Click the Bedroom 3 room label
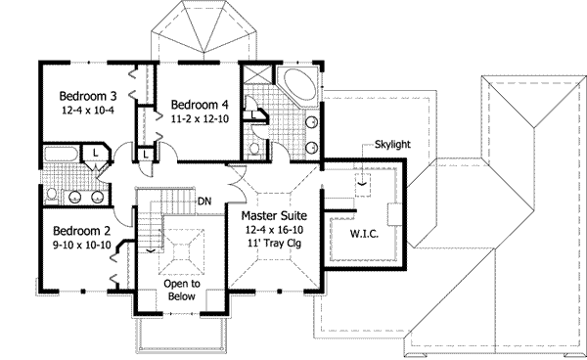pos(87,96)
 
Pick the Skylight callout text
pos(391,145)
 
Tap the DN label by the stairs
pos(205,202)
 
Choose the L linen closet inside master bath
pos(254,114)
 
